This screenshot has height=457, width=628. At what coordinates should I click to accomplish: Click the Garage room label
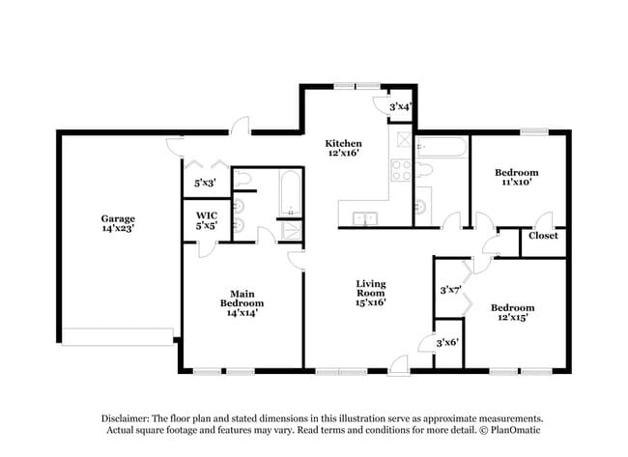pos(119,218)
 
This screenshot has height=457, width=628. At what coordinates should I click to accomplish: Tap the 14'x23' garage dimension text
pos(119,230)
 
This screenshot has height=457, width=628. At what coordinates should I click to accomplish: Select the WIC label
pos(205,214)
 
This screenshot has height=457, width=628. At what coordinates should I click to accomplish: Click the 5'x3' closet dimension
pos(205,182)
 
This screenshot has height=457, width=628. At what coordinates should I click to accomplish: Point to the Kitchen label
pos(343,143)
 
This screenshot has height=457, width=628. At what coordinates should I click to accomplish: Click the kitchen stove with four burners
pos(401,171)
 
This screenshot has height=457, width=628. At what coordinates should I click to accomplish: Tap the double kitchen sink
pos(364,218)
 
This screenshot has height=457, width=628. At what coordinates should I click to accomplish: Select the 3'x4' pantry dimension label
pos(400,106)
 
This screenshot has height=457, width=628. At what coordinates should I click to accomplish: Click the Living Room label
pos(370,289)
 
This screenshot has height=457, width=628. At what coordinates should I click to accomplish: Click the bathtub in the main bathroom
pos(288,194)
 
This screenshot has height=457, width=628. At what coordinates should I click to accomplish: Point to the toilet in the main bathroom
pos(243,180)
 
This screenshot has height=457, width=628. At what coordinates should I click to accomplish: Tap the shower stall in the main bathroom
pos(288,229)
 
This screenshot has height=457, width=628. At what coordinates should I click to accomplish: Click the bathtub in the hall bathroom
pos(442,148)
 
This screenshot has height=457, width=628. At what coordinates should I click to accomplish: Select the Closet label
pos(542,235)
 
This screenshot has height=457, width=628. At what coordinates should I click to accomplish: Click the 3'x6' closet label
pos(447,342)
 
